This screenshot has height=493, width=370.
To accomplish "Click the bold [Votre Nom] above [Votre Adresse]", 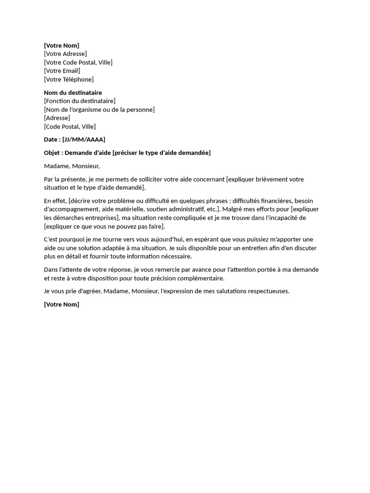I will (x=61, y=46).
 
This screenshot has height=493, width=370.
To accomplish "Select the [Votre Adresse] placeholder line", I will (x=65, y=54).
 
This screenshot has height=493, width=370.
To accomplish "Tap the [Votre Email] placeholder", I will (x=62, y=71).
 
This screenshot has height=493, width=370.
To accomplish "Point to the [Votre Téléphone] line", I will (x=68, y=79).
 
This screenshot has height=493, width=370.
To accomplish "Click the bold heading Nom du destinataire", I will (x=73, y=92).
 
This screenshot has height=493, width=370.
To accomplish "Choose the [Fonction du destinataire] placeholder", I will (x=79, y=101).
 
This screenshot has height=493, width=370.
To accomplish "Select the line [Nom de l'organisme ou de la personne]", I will (x=99, y=110).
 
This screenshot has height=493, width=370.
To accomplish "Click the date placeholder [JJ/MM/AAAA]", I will (x=84, y=140).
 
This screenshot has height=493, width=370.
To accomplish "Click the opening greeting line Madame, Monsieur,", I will (x=71, y=166).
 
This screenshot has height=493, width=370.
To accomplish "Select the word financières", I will (x=273, y=201).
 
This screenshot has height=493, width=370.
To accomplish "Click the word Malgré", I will (x=233, y=209).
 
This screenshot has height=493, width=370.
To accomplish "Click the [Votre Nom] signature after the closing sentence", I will (x=61, y=305).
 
